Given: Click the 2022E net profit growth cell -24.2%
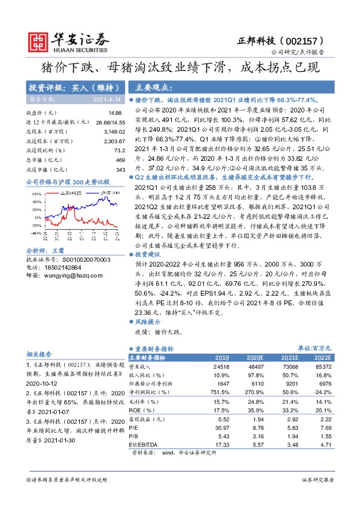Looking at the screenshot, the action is [x=323, y=392].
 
